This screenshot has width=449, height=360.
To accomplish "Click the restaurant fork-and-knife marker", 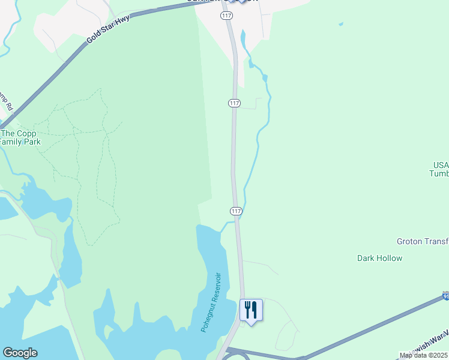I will point(251,310).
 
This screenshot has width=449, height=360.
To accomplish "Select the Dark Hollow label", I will point(379,259).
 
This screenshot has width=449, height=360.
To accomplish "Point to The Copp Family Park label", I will point(20,138).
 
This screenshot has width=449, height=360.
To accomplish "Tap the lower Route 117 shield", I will point(236,211).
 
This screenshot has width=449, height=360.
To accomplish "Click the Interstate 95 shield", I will point(445,296).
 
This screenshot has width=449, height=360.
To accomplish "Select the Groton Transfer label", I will point(422,241).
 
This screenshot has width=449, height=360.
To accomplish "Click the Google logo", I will point(20,353).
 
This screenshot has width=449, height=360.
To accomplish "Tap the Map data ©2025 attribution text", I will point(424,355).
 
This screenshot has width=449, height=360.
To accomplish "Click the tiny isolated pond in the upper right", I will point(341,24).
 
